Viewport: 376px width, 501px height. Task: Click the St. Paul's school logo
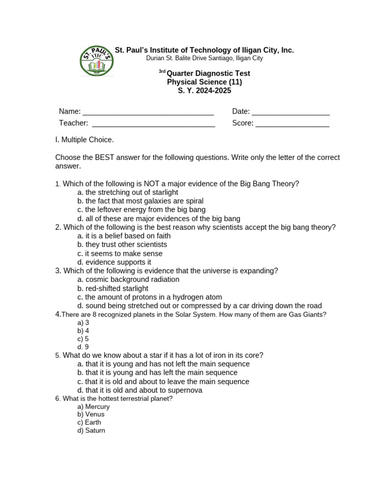[x=96, y=61]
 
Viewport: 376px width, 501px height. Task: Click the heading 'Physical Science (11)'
[x=204, y=82]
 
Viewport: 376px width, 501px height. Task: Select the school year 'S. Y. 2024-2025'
[x=204, y=91]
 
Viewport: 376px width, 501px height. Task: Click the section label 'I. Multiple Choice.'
[x=84, y=140]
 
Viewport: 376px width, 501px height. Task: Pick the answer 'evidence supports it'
[x=114, y=262]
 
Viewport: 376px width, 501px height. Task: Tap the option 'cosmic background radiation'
[x=128, y=279]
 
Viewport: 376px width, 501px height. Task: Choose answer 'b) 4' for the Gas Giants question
[x=83, y=331]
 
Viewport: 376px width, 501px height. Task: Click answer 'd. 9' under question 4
[x=83, y=347]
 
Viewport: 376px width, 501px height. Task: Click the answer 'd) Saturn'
[x=91, y=431]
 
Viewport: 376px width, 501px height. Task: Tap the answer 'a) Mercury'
[x=94, y=407]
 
